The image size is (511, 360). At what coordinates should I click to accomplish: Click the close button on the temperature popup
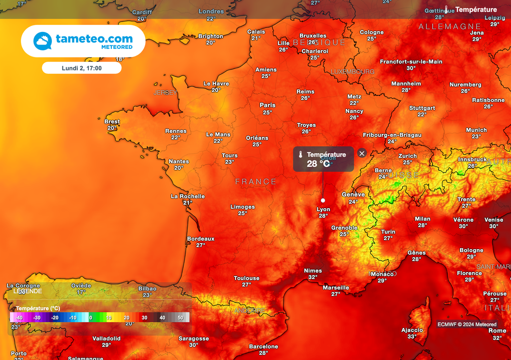(x=362, y=153)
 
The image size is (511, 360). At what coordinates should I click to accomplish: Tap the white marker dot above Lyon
(x=323, y=200)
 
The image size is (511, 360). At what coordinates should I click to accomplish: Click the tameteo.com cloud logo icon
(x=43, y=40)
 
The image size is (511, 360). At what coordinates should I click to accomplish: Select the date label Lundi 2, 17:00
(x=81, y=68)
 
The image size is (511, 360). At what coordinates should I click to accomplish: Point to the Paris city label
(x=267, y=105)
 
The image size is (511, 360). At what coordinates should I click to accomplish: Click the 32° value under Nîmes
(x=313, y=277)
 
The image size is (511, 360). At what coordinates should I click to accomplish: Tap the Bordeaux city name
(x=201, y=239)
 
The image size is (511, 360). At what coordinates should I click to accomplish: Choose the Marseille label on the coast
(x=336, y=288)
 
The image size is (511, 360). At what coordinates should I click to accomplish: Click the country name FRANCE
(x=255, y=182)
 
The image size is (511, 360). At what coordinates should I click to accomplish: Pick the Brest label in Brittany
(x=112, y=121)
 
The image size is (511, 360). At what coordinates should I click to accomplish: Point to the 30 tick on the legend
(x=144, y=318)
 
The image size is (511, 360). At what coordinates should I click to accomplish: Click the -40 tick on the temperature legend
(x=19, y=318)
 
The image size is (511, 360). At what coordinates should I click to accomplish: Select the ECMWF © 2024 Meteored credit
(x=467, y=324)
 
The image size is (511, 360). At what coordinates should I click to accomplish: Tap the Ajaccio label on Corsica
(x=412, y=330)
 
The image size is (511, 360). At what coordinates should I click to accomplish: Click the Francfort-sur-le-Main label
(x=411, y=62)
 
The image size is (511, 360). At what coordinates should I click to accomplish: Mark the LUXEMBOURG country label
(x=352, y=72)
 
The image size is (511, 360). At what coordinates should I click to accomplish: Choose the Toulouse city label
(x=247, y=278)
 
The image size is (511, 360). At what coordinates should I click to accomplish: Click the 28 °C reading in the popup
(x=318, y=164)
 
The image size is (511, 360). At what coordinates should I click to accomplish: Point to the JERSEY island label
(x=165, y=93)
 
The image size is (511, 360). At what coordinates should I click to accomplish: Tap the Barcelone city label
(x=263, y=347)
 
